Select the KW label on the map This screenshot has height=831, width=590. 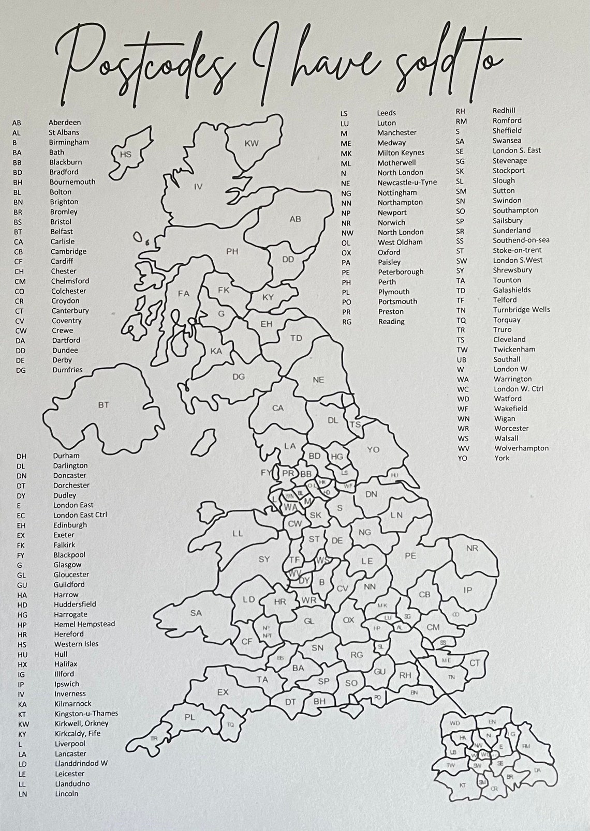pos(252,143)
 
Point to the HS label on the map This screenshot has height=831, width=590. pos(126,154)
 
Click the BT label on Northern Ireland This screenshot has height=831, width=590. pos(104,404)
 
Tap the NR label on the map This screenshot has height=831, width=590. pos(472,548)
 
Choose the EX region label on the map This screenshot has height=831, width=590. pos(223,692)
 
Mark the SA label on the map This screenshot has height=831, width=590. pos(196,613)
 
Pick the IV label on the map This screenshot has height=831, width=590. pos(198,187)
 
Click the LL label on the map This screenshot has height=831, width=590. pos(238,533)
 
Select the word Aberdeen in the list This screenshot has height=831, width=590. pos(65,123)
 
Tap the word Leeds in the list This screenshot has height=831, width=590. pos(387,113)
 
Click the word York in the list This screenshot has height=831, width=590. pos(502,458)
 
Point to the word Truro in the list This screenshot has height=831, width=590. pos(502,329)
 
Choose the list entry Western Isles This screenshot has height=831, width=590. pos(76,644)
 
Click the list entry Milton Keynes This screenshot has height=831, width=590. pos(401,153)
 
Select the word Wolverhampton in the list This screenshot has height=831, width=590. pos(521,448)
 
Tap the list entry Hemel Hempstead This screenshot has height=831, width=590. pos(84,624)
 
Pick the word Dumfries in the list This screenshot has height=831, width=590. pos(67,370)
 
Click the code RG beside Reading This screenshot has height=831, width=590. pos(347,322)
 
